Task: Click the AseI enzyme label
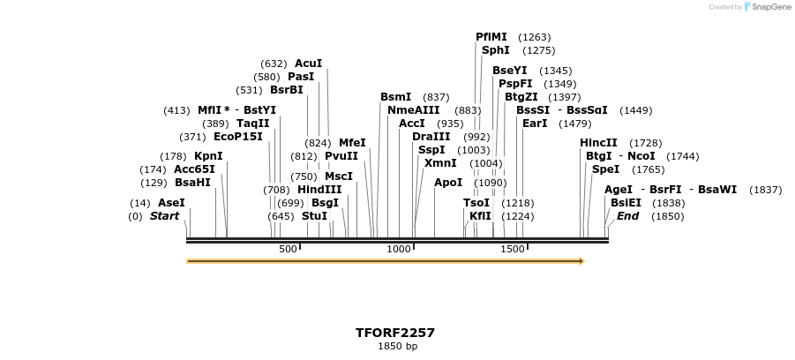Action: (x=171, y=203)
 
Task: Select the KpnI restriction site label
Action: (x=208, y=156)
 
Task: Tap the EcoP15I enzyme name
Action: (x=238, y=137)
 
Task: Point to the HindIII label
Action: (x=319, y=190)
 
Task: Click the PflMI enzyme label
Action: (x=491, y=37)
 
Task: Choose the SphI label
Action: (x=495, y=50)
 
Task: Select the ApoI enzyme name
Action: (x=448, y=183)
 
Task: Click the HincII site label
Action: (x=598, y=143)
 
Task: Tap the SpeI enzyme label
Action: (x=605, y=169)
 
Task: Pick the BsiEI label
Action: (x=626, y=203)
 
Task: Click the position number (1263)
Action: (x=535, y=37)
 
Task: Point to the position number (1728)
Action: (x=645, y=143)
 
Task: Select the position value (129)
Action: (x=154, y=183)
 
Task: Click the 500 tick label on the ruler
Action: (x=288, y=250)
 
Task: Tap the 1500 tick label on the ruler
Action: (x=513, y=250)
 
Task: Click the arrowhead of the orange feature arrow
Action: (x=581, y=261)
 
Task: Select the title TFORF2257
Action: (x=395, y=333)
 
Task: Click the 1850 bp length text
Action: (x=397, y=346)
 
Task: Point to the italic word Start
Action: (x=164, y=216)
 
